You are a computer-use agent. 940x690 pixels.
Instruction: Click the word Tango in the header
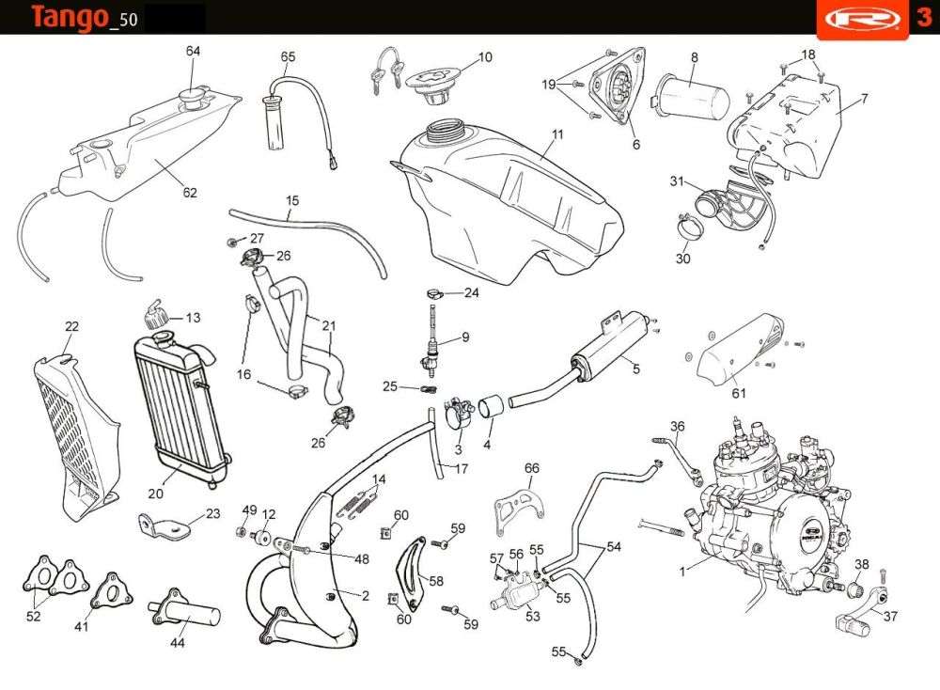[68, 17]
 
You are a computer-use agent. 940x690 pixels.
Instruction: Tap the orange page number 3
[923, 18]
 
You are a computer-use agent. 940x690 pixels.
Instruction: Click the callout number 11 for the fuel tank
[557, 134]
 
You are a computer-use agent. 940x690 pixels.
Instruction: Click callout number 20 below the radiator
[156, 493]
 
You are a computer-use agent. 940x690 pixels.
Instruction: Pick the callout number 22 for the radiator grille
[71, 326]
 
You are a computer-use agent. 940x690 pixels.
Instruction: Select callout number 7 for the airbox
[864, 98]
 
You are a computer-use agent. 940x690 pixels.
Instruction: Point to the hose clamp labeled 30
[689, 225]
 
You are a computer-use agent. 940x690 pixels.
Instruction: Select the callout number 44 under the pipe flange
[178, 643]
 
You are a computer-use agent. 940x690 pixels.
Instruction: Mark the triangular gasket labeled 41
[110, 591]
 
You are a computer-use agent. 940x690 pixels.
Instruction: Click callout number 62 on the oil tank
[190, 194]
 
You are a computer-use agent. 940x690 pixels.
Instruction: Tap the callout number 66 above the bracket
[532, 468]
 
